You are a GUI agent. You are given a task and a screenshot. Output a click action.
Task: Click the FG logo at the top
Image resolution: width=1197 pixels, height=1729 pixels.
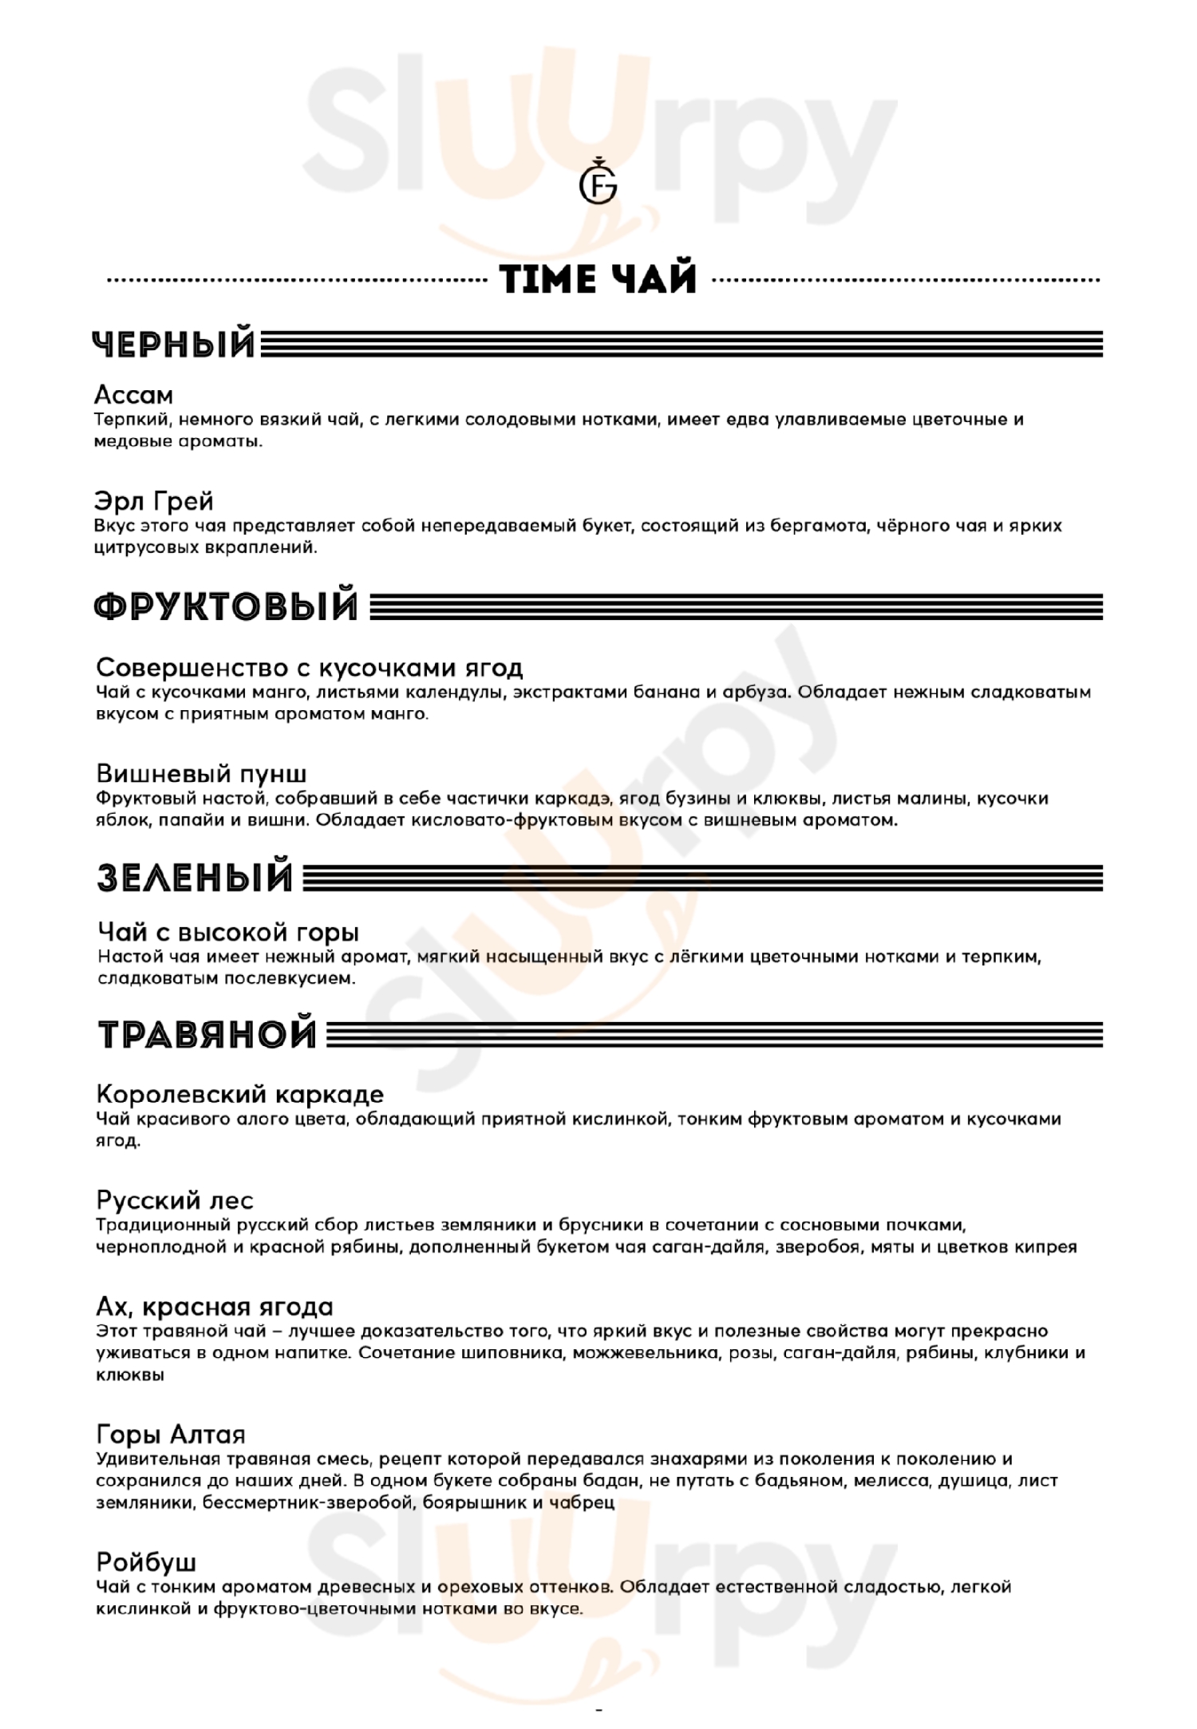point(598,185)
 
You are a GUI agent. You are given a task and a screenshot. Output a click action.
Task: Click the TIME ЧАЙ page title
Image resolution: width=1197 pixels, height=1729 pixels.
point(598,279)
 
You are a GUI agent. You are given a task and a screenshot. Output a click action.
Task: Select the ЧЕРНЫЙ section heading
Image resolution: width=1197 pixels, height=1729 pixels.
point(174,345)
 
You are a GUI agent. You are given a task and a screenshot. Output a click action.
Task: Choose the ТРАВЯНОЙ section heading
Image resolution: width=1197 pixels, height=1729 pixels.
point(207,1034)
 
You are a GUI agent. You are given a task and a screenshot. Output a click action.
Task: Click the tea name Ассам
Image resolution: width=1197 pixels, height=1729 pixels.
point(133,395)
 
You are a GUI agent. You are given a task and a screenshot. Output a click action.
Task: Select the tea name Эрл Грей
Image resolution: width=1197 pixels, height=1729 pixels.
point(154,501)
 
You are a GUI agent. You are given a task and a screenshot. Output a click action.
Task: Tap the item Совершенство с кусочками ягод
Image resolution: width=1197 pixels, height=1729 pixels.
point(309,667)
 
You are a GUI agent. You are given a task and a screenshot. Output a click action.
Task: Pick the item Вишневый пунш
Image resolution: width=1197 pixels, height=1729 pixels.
point(201,773)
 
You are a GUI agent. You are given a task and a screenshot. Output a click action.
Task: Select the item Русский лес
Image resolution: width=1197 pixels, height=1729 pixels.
point(175,1200)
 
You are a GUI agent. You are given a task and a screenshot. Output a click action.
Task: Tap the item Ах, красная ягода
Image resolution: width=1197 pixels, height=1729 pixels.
point(214,1307)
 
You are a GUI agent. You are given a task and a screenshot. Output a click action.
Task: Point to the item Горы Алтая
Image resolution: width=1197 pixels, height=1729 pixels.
point(170,1435)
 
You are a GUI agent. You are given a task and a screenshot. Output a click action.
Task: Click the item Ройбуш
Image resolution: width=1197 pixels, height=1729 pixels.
point(146,1561)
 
